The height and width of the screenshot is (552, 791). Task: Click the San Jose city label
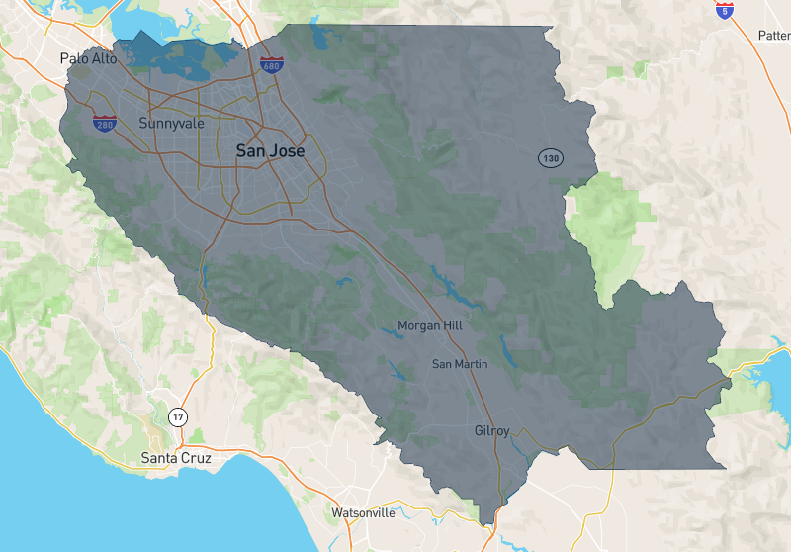click(x=270, y=151)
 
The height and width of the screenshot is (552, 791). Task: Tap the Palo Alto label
click(x=88, y=58)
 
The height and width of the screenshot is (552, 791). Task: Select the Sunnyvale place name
click(x=171, y=124)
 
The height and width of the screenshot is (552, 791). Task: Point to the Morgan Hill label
click(x=429, y=325)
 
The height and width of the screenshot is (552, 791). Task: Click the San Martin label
click(x=460, y=364)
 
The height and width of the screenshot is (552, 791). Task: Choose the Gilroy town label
click(x=491, y=431)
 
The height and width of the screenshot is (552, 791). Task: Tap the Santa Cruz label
click(x=176, y=458)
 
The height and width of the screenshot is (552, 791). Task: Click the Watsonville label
click(x=363, y=512)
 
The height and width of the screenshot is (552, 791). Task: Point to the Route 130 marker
click(x=550, y=158)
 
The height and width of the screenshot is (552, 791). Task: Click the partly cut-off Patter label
click(x=773, y=36)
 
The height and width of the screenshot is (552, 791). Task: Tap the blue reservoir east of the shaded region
click(x=765, y=372)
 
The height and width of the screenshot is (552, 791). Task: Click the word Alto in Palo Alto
click(x=103, y=58)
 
